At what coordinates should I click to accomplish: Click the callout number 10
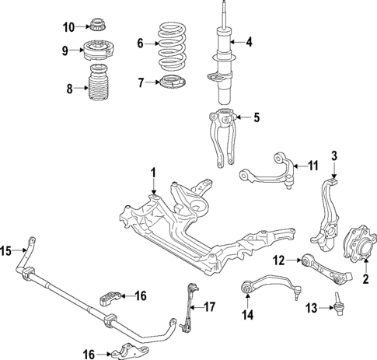point(68,27)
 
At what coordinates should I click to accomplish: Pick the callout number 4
point(250,42)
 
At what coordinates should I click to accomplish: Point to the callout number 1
point(154,172)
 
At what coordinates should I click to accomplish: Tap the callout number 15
point(5,250)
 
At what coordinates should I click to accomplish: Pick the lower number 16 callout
point(90,354)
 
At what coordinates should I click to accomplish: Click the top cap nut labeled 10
point(99,26)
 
